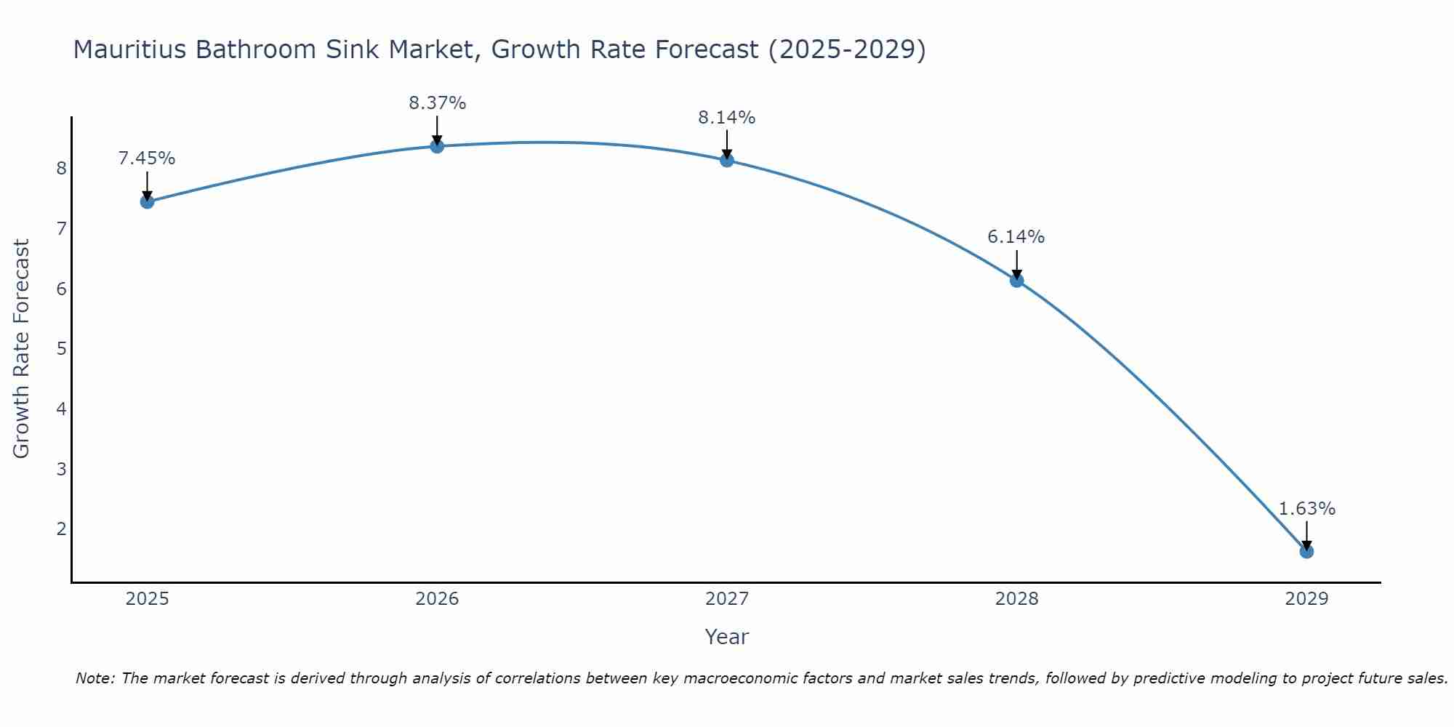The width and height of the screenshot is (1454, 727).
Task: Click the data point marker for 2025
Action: [147, 201]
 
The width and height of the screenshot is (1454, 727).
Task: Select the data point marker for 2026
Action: [437, 146]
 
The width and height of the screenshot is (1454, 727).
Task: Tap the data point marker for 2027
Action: [727, 160]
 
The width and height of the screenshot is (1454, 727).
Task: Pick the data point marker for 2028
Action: [1016, 280]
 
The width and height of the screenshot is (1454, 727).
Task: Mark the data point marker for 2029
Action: [1306, 551]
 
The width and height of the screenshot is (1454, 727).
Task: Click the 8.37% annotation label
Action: [437, 103]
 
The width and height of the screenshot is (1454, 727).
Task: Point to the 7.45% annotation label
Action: [147, 158]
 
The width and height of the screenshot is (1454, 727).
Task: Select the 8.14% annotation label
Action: [727, 117]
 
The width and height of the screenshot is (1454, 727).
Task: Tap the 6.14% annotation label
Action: [1016, 237]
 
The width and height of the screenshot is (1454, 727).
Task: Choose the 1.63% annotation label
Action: [1306, 509]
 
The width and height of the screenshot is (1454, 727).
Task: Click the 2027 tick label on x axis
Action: [727, 599]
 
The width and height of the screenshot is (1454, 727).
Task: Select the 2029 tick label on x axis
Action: [1306, 599]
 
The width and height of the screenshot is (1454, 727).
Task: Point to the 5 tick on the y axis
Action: [61, 349]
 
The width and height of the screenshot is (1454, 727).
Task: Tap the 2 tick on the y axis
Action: [61, 529]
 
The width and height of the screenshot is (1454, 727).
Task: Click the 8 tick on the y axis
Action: [61, 169]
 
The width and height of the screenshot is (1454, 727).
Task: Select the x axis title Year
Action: [727, 637]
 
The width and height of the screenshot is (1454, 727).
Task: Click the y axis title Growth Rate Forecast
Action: [22, 349]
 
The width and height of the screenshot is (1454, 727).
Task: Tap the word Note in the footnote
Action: [95, 678]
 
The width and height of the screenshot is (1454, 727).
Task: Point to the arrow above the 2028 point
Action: [1016, 265]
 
